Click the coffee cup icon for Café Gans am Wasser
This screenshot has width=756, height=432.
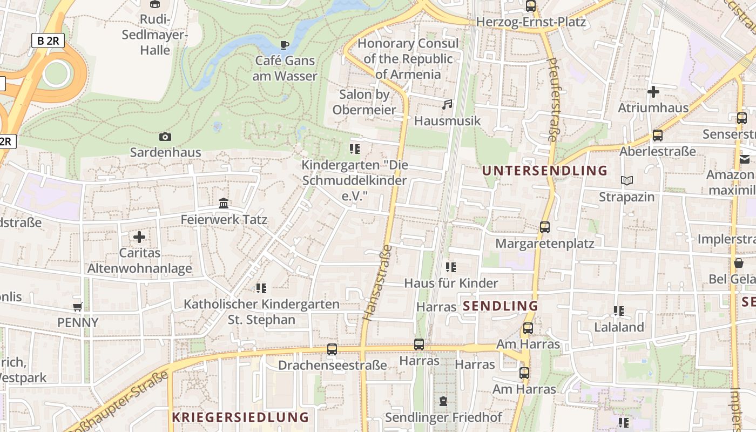coord(285,45)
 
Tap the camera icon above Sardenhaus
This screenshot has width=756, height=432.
coord(165,137)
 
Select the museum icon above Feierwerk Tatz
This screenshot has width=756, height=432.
coord(224,204)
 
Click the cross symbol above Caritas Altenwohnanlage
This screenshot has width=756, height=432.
coord(139,237)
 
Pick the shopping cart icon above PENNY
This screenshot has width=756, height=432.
coord(78,307)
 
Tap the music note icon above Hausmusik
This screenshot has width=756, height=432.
coord(447,105)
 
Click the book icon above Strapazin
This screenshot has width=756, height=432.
coord(626,181)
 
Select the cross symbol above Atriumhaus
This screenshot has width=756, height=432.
coord(653,92)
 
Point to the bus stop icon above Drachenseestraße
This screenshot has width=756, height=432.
coord(332,349)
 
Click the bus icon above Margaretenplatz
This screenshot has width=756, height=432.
coord(545,227)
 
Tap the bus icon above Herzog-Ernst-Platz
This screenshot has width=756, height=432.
coord(531,6)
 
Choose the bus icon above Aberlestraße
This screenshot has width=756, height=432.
coord(658,136)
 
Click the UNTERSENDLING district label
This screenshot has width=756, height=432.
coord(545,171)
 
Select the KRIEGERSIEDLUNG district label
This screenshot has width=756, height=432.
coord(240,417)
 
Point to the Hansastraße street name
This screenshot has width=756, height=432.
coord(378,282)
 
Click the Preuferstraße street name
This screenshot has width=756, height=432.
coord(552,100)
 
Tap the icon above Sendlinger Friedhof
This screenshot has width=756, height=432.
coord(443,401)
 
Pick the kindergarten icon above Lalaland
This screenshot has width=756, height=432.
coord(619,311)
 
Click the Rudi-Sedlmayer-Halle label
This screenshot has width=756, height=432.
coord(155,35)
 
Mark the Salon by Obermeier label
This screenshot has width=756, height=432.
coord(364,102)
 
